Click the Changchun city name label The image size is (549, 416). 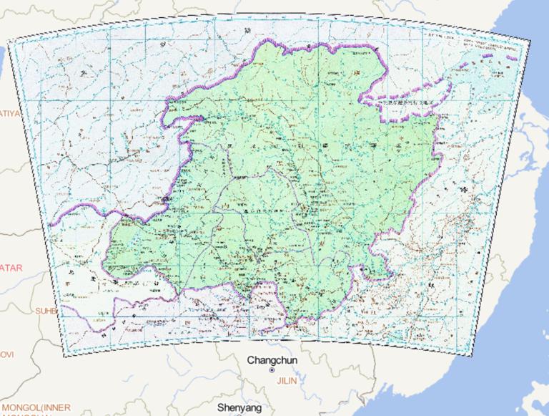(272, 360)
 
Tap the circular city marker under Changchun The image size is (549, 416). (272, 371)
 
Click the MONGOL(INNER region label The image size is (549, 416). (36, 408)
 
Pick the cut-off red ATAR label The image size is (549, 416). (11, 268)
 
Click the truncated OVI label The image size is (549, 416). (6, 354)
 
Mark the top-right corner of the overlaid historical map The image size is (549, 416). (530, 41)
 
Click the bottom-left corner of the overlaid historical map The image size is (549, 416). (64, 355)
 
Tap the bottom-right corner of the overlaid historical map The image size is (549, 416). (473, 355)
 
